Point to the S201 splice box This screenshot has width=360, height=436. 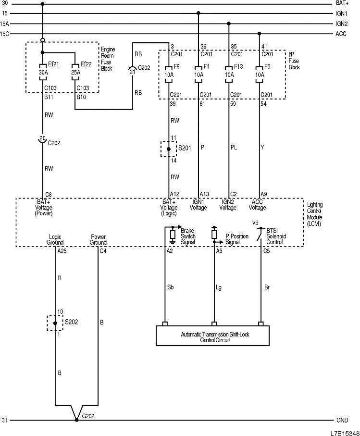tap(169, 149)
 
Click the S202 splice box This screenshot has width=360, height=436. tap(55, 323)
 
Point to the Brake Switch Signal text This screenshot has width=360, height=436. tap(188, 236)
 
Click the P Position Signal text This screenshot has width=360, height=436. tap(237, 239)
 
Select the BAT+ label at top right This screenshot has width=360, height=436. tap(342, 3)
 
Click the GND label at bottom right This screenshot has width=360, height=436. tap(342, 420)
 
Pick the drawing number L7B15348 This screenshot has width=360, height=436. tap(344, 432)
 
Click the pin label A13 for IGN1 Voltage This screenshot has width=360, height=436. tap(204, 194)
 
